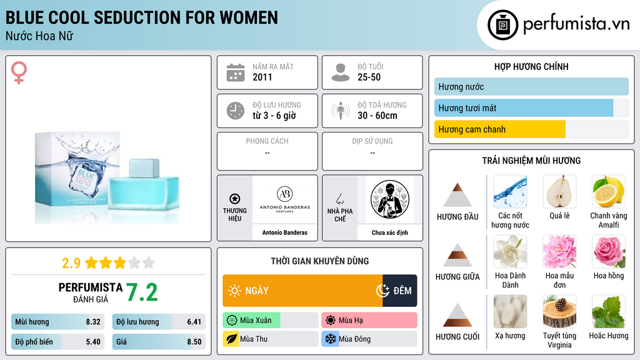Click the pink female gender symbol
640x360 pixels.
point(19,72)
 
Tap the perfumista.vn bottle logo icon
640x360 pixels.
point(502,25)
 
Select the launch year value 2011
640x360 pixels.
point(262,77)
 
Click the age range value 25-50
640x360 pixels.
point(369,77)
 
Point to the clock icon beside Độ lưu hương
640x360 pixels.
point(236,111)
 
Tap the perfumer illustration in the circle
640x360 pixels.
point(390,199)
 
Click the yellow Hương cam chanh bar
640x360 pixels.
point(499,129)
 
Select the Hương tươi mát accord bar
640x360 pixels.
point(524,108)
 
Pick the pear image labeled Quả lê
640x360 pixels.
point(559,191)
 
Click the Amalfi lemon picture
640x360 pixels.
point(609,191)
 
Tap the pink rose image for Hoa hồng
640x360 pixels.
point(609,251)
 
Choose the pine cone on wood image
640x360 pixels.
point(559,311)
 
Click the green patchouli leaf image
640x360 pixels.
point(609,311)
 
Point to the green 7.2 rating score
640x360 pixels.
point(142,292)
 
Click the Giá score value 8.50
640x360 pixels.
point(194,342)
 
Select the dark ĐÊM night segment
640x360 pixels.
point(399,291)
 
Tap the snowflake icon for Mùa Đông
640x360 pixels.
point(330,339)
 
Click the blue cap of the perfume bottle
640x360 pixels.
point(144,169)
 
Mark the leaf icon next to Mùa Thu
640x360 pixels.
point(231,339)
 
